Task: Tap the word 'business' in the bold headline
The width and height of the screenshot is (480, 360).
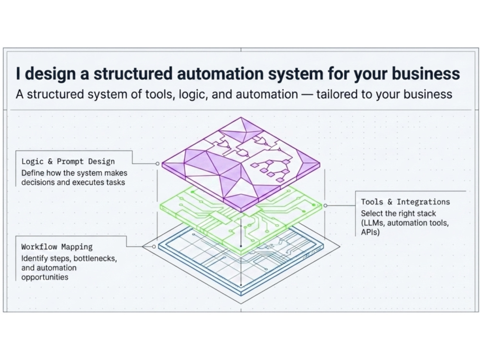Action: coord(426,74)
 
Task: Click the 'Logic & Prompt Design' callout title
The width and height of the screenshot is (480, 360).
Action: coord(68,162)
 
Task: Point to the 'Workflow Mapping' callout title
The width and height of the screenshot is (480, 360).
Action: coord(57,247)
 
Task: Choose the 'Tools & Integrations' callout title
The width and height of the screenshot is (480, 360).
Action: coord(405,202)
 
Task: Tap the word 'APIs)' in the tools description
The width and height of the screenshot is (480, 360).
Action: coord(370,232)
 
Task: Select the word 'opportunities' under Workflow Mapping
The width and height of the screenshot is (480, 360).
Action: coord(45,277)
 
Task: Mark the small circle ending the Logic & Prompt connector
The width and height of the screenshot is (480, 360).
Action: coord(157,164)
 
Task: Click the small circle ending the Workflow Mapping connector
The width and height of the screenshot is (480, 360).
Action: coord(154,247)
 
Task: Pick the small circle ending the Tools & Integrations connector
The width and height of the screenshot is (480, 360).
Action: coord(325,206)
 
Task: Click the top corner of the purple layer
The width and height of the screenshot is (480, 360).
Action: coord(241,117)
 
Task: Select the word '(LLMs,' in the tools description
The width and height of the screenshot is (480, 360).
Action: coord(372,223)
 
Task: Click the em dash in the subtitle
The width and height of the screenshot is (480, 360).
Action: coord(307,94)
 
